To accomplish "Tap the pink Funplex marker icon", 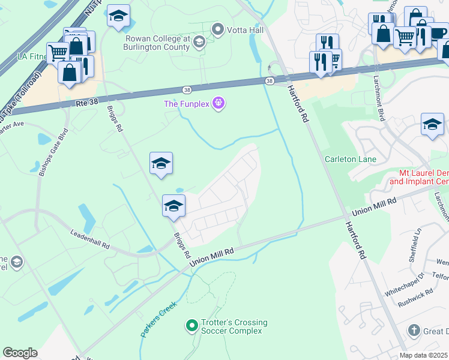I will tap(219, 104).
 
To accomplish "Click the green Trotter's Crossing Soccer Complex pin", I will tap(191, 326).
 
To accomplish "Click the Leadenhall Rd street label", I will tap(89, 238).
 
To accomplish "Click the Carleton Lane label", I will tap(350, 159).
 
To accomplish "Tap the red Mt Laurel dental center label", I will tap(419, 176).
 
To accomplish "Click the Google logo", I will tap(20, 353).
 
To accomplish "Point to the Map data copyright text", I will tap(423, 355).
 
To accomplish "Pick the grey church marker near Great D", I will tap(413, 331).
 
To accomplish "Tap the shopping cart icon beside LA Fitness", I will tap(58, 52).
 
